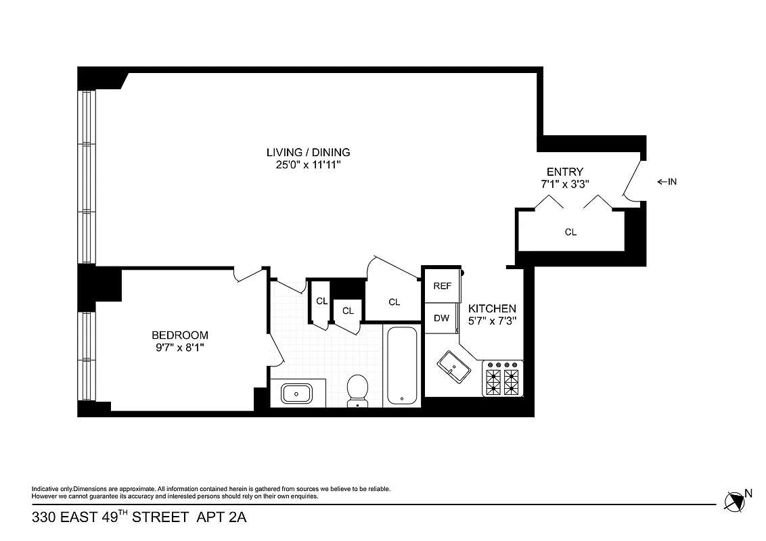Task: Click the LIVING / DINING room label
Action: click(308, 152)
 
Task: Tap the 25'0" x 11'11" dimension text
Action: click(308, 164)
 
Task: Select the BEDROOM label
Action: click(179, 335)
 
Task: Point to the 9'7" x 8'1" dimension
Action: click(179, 347)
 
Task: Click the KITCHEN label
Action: click(492, 308)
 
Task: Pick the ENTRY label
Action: click(564, 172)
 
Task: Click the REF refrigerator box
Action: click(442, 286)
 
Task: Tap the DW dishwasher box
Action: click(441, 318)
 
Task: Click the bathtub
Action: click(402, 365)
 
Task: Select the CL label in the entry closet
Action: click(570, 232)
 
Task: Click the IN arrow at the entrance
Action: click(667, 182)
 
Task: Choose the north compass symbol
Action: click(733, 501)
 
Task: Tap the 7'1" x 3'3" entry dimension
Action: click(564, 184)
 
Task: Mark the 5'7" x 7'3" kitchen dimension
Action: click(492, 321)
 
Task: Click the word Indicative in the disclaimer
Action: click(44, 489)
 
